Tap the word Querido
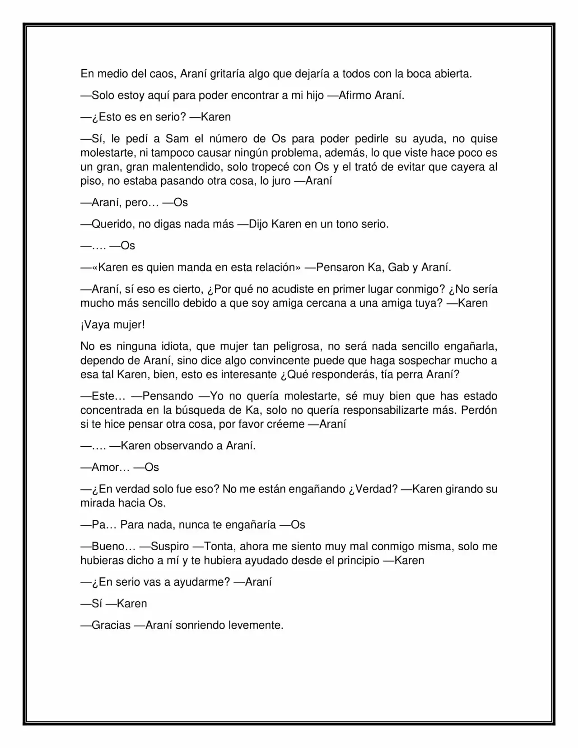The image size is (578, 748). (111, 224)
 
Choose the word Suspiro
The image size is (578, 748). (170, 547)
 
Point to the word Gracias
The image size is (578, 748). (111, 626)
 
